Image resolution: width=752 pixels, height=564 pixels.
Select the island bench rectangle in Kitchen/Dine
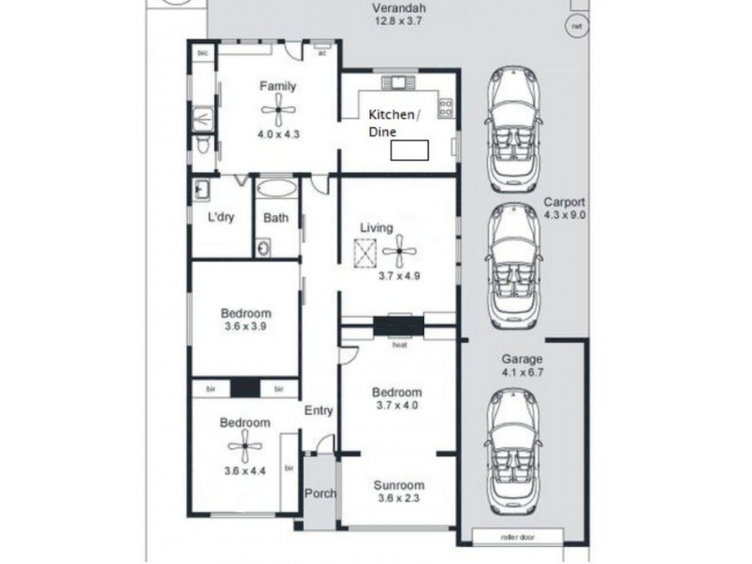409,149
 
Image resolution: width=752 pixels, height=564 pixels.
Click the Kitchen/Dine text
395,123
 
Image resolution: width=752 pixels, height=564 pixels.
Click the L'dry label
222,217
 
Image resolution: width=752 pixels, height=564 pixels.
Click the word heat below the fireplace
399,344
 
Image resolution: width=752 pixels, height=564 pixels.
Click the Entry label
319,411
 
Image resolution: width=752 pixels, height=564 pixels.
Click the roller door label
516,537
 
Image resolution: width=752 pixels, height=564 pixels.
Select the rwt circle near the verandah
574,27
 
